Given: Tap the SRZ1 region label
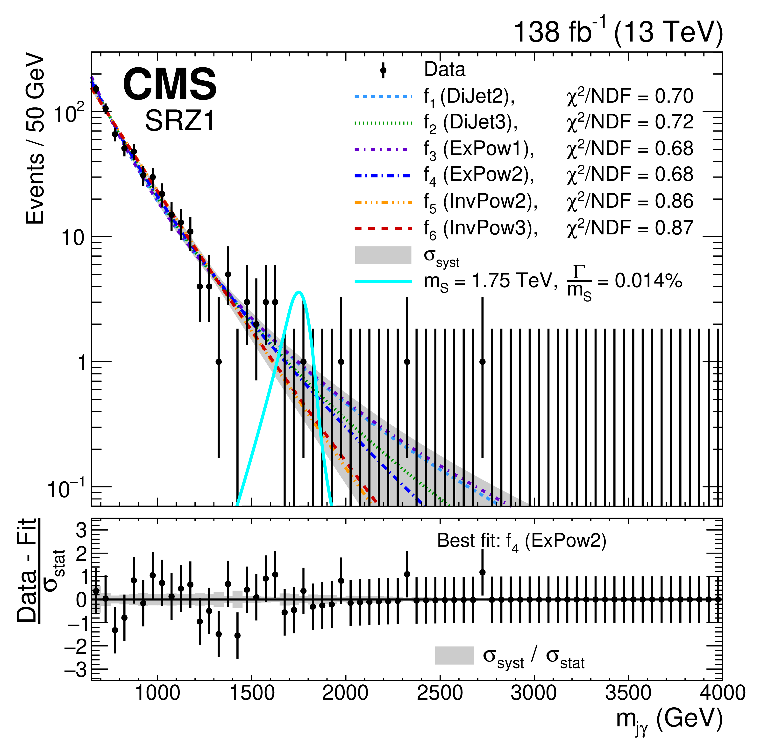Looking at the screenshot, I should point(180,121).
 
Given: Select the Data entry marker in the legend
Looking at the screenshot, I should point(383,70).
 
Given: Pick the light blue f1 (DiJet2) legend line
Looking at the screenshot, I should point(383,96).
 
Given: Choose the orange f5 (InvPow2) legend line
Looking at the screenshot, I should point(383,202).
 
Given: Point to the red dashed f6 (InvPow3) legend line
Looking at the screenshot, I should point(383,229).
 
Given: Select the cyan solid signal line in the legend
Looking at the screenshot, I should point(383,281).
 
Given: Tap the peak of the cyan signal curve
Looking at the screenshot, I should point(299,292).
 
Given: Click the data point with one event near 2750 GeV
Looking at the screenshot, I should point(482,362).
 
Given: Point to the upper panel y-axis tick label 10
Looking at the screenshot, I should point(73,238).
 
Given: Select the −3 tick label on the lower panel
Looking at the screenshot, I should point(76,670).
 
